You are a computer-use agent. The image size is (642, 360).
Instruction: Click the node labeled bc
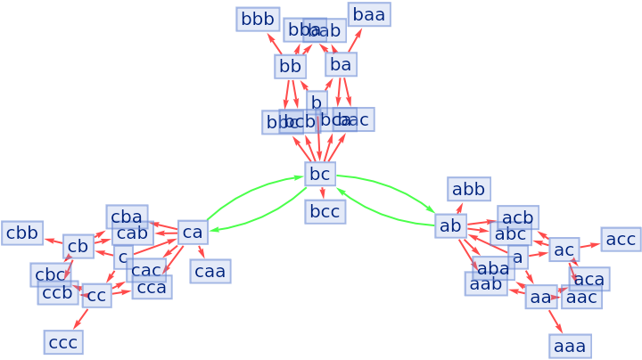(x=320, y=174)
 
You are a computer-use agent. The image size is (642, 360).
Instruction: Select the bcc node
(x=325, y=211)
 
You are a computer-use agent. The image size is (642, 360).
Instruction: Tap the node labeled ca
(x=193, y=233)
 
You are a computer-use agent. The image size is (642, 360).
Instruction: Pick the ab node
(x=450, y=225)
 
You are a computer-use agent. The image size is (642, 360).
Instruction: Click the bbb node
(x=258, y=19)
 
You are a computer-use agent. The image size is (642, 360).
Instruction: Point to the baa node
(x=368, y=14)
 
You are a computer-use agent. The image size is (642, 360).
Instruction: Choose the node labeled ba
(x=341, y=64)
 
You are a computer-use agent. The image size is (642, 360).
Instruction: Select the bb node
(x=290, y=66)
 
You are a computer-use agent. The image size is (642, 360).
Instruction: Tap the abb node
(x=468, y=188)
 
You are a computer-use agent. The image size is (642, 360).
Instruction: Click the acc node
(x=621, y=239)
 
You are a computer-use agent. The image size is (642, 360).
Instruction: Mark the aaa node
(x=570, y=346)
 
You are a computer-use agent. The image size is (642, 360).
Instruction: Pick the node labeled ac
(x=564, y=250)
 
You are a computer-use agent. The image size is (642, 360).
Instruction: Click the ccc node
(x=62, y=342)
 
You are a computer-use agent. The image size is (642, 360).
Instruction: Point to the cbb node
(x=22, y=233)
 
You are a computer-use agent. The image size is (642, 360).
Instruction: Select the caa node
(x=210, y=271)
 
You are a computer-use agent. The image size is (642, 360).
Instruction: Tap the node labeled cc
(x=96, y=295)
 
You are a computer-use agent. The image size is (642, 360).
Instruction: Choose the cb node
(x=78, y=246)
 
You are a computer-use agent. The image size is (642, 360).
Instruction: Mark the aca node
(x=589, y=279)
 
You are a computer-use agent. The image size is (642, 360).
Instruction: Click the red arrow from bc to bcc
(x=322, y=192)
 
